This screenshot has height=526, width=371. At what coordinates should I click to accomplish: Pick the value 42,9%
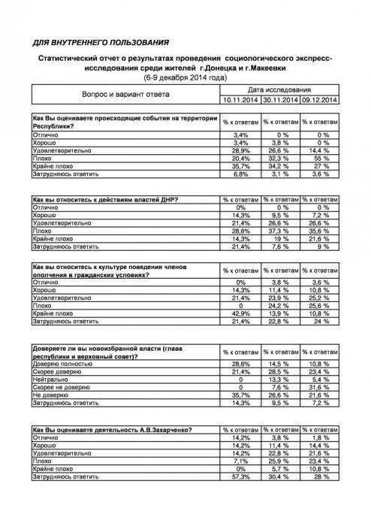click(240, 313)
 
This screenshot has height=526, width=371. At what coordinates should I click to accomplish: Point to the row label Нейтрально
click(52, 379)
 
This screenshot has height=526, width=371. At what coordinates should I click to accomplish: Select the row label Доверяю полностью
click(63, 364)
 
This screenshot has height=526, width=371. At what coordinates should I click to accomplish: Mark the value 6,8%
click(240, 174)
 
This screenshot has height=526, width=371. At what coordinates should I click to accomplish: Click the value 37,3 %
click(280, 233)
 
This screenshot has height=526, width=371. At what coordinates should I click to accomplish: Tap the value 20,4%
click(240, 159)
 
